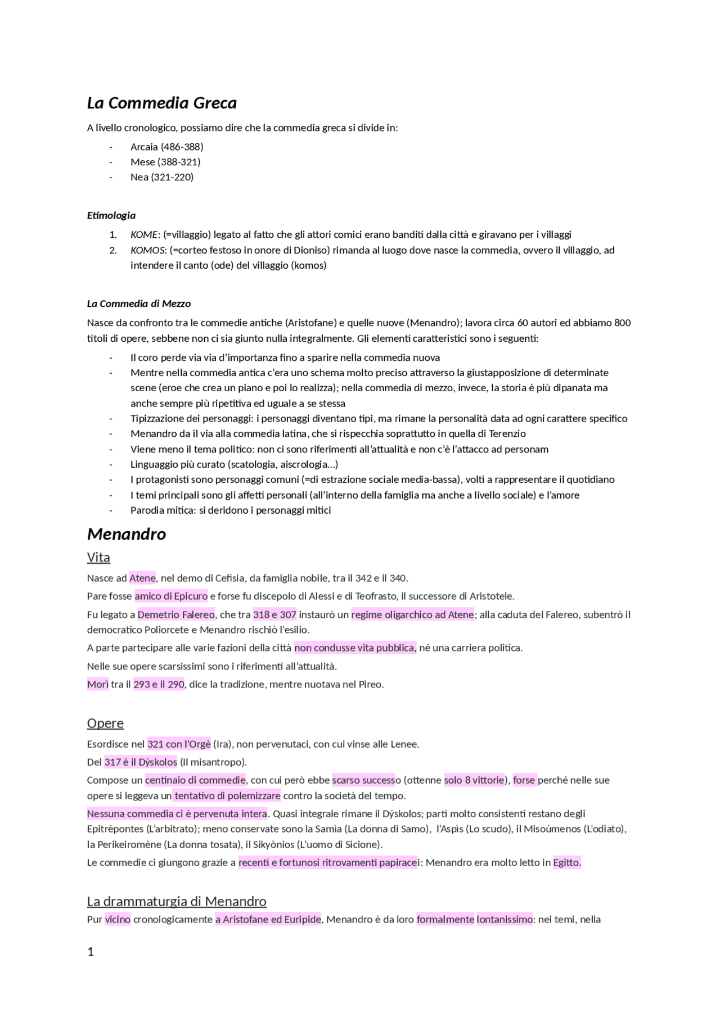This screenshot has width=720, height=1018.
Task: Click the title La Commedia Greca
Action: click(161, 103)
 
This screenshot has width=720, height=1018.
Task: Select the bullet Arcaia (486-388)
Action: click(166, 147)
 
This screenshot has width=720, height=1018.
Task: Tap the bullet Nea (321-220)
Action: click(162, 177)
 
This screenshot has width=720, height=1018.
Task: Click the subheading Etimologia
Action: click(111, 215)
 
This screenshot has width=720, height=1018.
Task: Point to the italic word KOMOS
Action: click(147, 250)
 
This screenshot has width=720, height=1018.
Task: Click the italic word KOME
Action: click(144, 234)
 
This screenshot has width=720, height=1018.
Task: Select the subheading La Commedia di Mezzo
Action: click(138, 304)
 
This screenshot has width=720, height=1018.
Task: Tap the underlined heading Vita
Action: click(98, 557)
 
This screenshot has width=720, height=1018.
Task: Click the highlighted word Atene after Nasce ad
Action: click(142, 578)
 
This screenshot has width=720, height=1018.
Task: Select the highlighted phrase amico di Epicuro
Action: click(171, 596)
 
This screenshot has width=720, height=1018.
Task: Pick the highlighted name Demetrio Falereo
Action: click(176, 614)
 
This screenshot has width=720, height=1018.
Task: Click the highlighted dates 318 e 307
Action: click(274, 614)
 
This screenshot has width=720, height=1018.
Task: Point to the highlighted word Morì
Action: click(97, 684)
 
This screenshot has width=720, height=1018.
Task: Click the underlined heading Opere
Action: click(105, 723)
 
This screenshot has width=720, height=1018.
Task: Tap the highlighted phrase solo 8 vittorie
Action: click(474, 780)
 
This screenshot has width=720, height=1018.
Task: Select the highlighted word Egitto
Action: click(567, 862)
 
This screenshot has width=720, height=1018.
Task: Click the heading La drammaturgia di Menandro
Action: click(177, 901)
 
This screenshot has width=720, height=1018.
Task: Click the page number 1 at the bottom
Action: click(91, 952)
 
